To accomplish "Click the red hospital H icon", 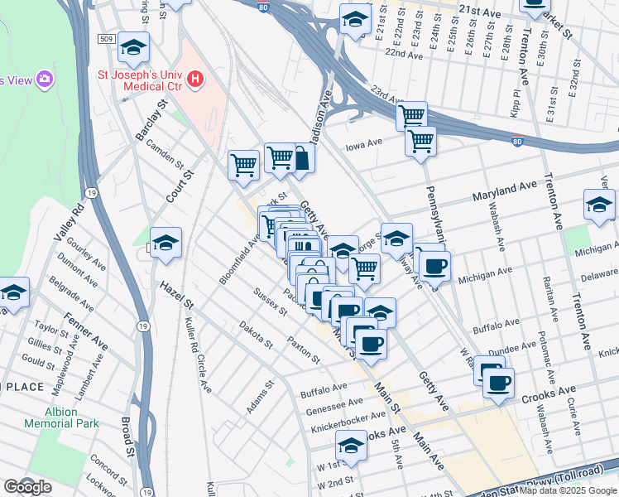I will (195, 80).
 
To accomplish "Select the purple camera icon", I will (45, 80).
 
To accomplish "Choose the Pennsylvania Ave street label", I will (435, 212).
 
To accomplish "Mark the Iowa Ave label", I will (364, 142).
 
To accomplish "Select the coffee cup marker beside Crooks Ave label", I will (499, 382).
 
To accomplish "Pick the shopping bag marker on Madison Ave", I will (301, 157).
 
